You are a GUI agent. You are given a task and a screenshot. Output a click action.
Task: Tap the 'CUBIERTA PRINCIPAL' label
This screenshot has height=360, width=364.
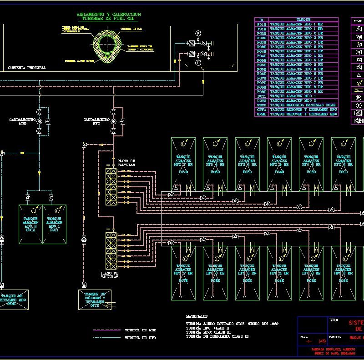tap(27, 68)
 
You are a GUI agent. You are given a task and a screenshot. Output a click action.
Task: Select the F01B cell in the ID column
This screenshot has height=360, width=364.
tap(262, 25)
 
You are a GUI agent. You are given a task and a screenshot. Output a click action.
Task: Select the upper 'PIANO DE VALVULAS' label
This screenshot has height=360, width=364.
tap(126, 163)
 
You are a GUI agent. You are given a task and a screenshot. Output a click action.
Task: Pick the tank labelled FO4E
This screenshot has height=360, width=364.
tap(279, 273)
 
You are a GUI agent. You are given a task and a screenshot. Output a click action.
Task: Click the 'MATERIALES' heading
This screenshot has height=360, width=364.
tap(197, 315)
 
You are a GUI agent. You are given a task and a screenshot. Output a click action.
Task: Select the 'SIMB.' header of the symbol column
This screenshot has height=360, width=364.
tap(358, 20)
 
